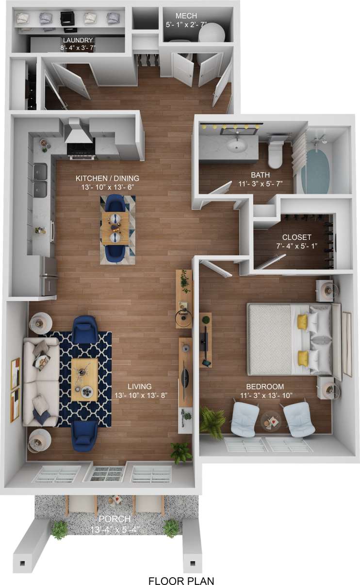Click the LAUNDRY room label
click(x=77, y=40)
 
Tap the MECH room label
click(x=186, y=16)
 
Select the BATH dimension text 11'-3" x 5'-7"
click(x=260, y=184)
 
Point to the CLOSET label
click(x=296, y=237)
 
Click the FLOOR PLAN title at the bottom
click(x=180, y=580)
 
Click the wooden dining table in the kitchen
click(x=115, y=229)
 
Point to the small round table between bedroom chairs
click(x=270, y=420)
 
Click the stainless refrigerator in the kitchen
click(x=49, y=276)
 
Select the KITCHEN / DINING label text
click(x=107, y=178)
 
